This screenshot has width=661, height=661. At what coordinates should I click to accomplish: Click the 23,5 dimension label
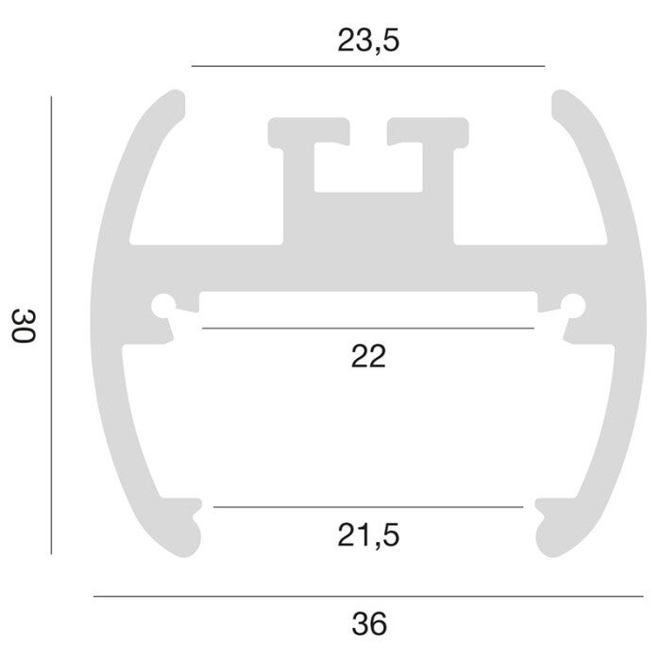tap(368, 41)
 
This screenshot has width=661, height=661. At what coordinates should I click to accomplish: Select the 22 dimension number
tap(368, 357)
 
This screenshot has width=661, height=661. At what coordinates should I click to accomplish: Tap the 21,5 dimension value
tap(368, 535)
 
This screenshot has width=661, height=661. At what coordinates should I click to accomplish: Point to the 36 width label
tap(369, 624)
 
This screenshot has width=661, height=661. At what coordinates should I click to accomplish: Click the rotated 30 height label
tap(23, 326)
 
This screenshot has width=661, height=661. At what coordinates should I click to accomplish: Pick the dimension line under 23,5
tap(368, 66)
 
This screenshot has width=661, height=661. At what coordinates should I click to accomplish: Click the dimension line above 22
tap(368, 328)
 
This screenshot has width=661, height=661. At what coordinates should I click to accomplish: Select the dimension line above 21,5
tap(368, 507)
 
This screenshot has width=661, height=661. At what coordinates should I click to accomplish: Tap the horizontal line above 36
tap(368, 597)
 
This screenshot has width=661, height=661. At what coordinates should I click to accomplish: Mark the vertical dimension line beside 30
tap(51, 325)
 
